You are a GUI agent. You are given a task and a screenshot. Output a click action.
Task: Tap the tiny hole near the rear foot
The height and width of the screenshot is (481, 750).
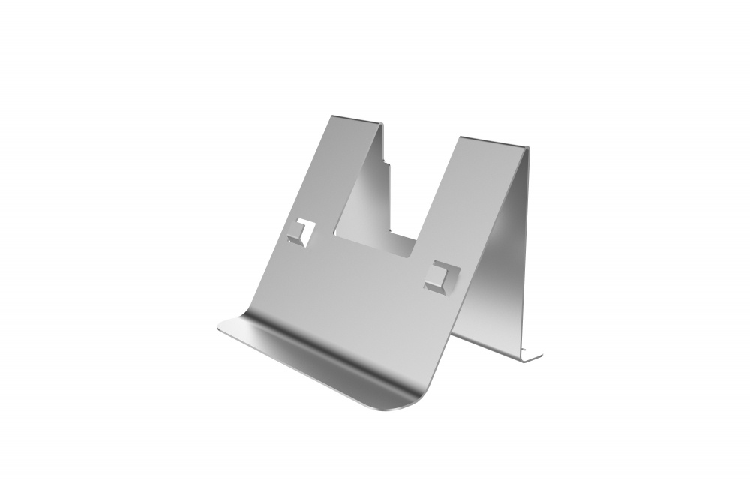[524, 350]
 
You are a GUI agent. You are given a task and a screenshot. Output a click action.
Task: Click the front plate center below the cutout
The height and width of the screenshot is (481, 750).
[352, 293]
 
